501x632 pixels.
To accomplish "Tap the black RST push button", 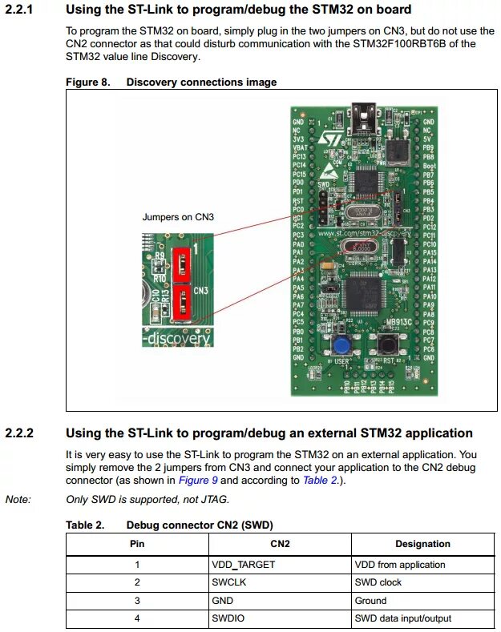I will (389, 345).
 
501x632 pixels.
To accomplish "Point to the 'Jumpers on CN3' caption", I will (178, 216).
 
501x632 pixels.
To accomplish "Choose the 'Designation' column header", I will (422, 544).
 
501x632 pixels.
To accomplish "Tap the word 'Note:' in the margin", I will (18, 499).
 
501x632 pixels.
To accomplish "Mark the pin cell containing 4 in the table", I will (137, 619).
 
